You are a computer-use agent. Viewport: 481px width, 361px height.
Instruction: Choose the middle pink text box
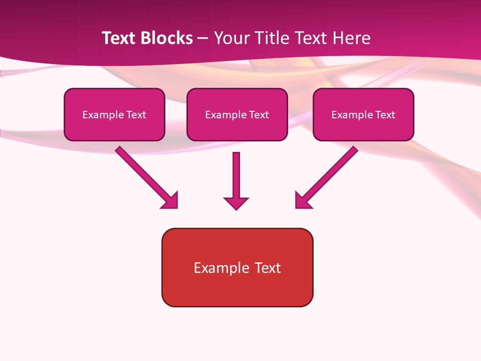tap(237, 128)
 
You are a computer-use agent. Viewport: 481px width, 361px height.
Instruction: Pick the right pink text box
tap(363, 128)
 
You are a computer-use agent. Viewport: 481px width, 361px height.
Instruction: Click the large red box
tap(237, 288)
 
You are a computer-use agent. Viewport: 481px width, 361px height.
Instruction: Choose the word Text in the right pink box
tap(385, 115)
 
